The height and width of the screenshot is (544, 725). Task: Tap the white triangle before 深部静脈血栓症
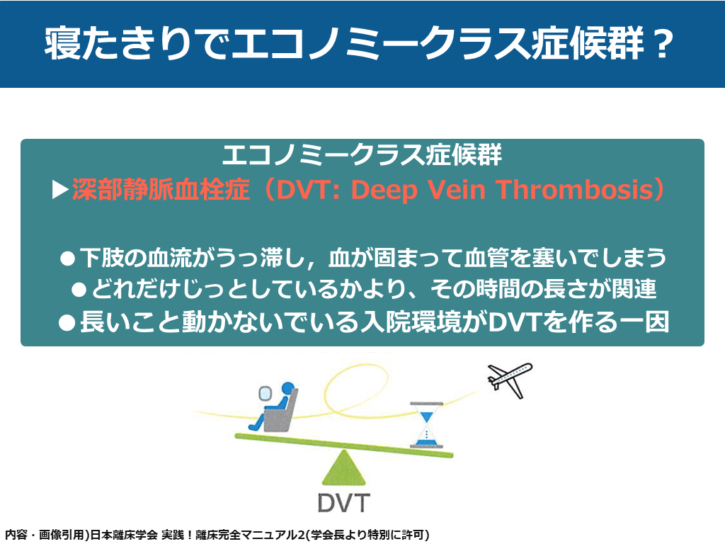60,190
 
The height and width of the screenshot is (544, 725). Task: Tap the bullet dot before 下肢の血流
67,259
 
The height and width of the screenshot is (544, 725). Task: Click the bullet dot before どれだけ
79,290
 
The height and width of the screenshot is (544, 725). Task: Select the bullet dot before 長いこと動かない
67,323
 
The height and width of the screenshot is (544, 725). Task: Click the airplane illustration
510,380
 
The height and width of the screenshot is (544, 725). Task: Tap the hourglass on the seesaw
426,425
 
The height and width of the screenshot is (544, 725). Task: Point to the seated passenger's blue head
288,388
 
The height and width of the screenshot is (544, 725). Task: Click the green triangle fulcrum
343,468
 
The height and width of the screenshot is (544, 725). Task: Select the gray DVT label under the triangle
344,503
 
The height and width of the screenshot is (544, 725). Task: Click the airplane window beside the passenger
265,394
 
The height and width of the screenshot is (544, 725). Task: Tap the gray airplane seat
280,411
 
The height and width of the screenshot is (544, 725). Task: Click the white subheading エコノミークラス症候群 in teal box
362,154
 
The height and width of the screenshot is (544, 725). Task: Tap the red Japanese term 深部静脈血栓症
161,190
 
